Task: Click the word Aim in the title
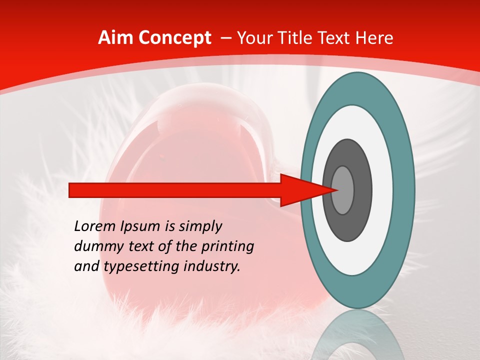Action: (x=115, y=38)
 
